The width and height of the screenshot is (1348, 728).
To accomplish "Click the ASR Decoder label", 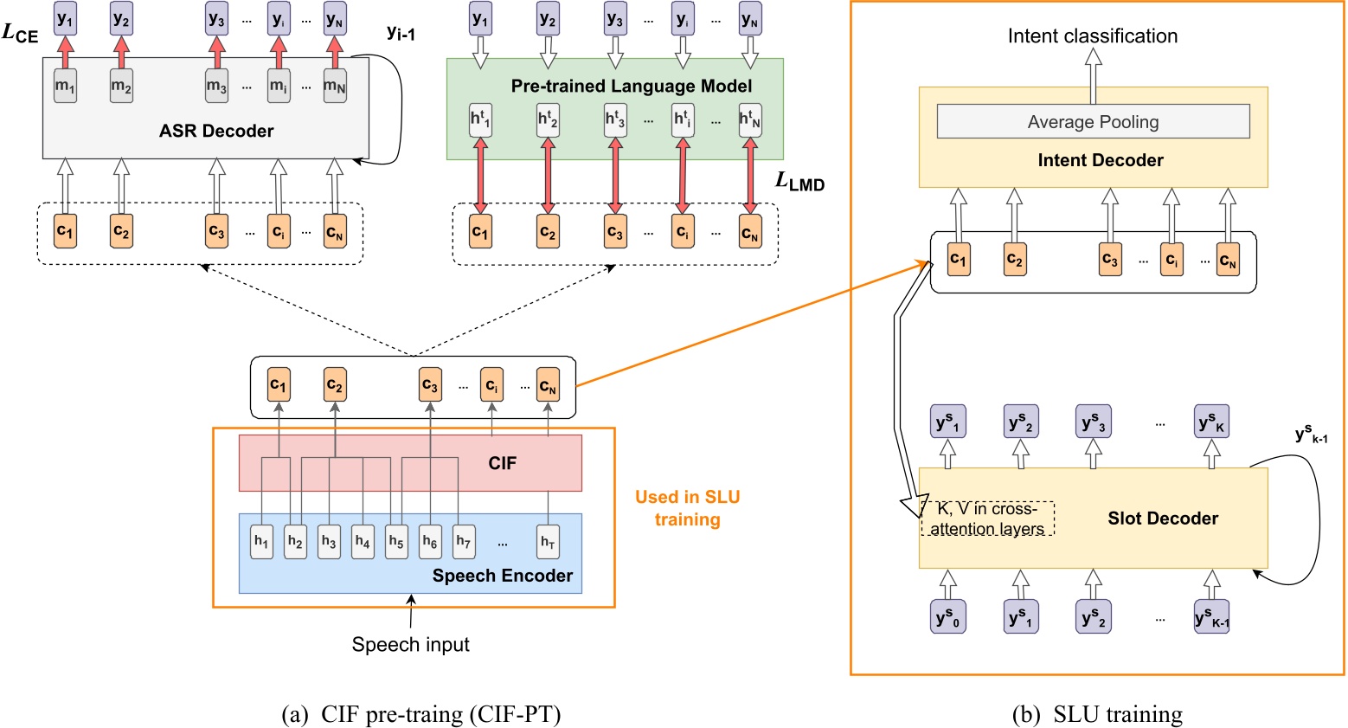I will [216, 131].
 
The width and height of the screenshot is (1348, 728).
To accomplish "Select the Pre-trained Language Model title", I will [631, 86].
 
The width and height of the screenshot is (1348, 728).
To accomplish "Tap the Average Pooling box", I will [1093, 122].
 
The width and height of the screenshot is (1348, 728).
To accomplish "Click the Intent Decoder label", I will [1100, 160].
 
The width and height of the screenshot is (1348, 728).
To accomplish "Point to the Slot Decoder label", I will [1162, 519].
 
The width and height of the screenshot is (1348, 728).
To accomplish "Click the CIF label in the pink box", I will [502, 463].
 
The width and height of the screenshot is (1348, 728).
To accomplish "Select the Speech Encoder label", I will [502, 576].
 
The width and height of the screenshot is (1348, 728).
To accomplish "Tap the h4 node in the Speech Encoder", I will [363, 542].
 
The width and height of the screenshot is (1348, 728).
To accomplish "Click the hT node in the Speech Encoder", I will [548, 542].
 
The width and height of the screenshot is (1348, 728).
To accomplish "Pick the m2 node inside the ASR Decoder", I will [121, 87].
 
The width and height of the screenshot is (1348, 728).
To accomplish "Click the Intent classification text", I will [1092, 36].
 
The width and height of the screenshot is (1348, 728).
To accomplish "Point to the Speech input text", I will [410, 645].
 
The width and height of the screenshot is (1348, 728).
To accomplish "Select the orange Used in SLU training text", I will [687, 508].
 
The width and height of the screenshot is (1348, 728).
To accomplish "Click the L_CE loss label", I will [21, 34].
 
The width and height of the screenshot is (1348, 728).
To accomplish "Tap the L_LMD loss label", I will [799, 182].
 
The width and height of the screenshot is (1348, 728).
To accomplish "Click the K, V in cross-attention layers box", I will [986, 519].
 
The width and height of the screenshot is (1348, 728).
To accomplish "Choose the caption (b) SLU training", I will [1096, 715].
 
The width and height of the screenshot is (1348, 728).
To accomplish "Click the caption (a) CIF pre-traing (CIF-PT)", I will [421, 715].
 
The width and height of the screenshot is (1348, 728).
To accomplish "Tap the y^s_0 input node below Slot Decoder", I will [948, 617].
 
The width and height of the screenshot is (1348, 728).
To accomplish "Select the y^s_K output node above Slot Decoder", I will [1211, 422].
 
